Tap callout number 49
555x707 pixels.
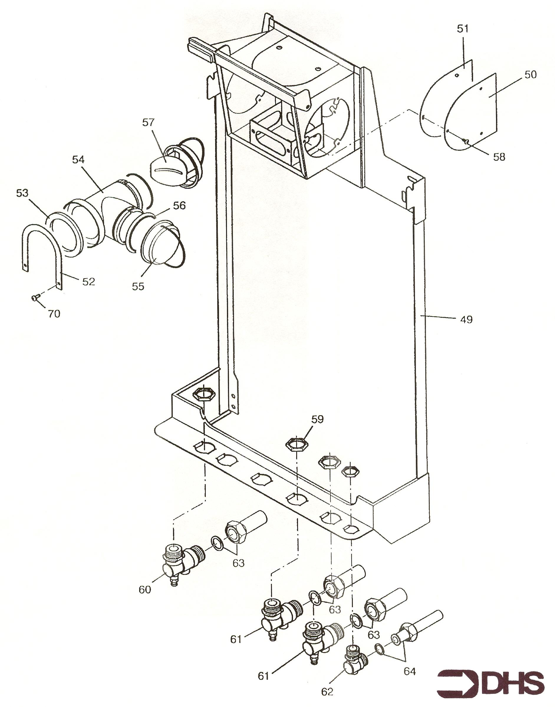(x=466, y=320)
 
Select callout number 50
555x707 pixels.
(x=530, y=75)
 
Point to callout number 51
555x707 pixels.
(x=463, y=29)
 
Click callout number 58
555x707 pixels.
(x=499, y=157)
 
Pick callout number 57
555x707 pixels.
(x=148, y=123)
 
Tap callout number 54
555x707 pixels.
(x=78, y=160)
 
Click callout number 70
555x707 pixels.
(x=54, y=314)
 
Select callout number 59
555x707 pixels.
(x=317, y=419)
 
